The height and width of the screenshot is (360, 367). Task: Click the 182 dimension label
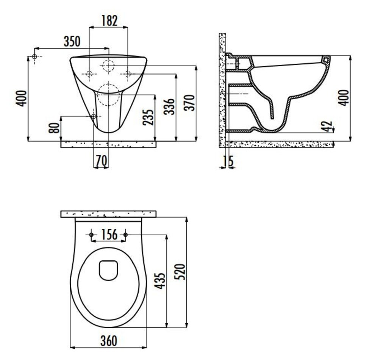(109, 20)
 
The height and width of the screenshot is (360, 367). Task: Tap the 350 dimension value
(72, 41)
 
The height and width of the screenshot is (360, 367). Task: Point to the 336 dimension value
(169, 106)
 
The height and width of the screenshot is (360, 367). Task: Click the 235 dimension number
(148, 117)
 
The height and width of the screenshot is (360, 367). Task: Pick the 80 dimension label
(54, 128)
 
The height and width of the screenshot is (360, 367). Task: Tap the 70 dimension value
(102, 161)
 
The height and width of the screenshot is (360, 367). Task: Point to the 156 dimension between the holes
(109, 235)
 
